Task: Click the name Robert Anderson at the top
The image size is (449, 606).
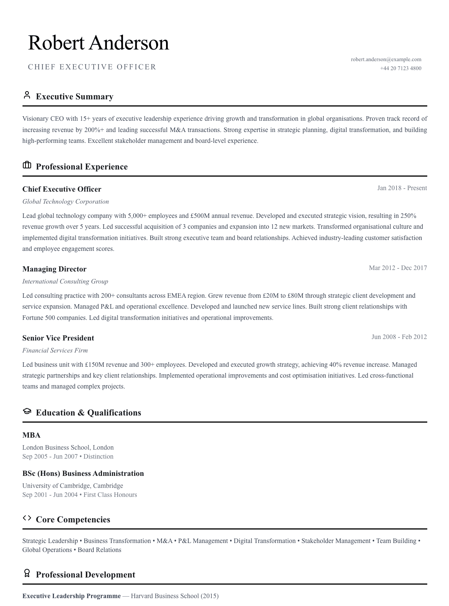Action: pos(98,43)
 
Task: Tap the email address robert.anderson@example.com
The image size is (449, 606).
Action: pos(386,59)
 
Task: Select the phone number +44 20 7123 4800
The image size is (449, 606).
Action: pos(400,68)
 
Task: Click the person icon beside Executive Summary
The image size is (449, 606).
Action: pos(27,95)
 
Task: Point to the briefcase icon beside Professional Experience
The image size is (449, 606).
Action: pos(27,165)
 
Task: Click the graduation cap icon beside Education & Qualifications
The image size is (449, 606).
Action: pos(27,411)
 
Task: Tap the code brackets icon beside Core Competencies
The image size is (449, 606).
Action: pos(27,518)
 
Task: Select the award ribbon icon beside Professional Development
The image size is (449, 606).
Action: pos(27,573)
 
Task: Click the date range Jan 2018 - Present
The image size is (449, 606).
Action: pos(402,188)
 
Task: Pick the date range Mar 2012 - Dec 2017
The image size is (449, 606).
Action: pos(398,268)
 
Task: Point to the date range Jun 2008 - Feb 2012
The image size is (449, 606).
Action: pos(399,337)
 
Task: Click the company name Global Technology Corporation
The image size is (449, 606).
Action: pos(66,201)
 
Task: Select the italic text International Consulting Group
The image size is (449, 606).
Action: pos(65,281)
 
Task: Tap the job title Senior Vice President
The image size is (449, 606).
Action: pos(58,338)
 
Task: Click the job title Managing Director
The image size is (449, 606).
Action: pos(54,269)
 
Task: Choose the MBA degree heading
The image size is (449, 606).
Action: pos(31,435)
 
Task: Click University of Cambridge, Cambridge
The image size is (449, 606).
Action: pos(73,486)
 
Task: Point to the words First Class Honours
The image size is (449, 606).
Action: pos(110,495)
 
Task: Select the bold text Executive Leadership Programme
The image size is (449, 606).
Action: pos(72,596)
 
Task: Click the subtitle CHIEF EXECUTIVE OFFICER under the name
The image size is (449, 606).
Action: pos(92,67)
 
